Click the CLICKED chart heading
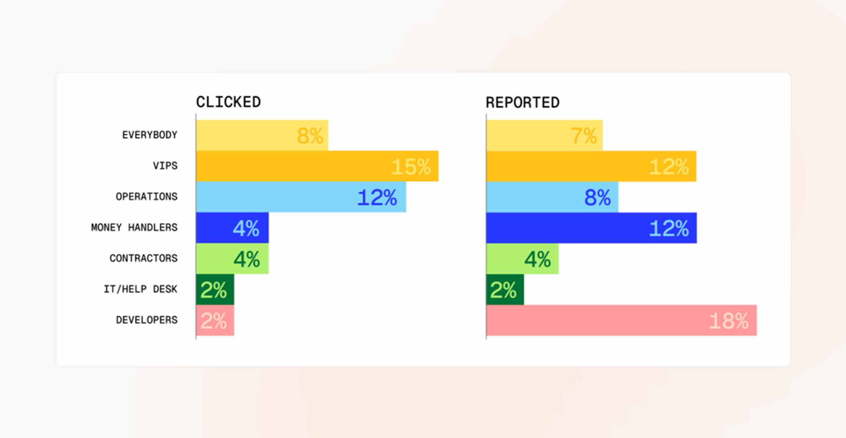228,102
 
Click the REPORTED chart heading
522,102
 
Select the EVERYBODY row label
150,135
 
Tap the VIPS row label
165,165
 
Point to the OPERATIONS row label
147,197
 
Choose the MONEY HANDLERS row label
134,227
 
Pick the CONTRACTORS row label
143,258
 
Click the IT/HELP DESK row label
140,289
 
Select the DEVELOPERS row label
147,320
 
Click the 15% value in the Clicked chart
411,166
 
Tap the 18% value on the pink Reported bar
729,321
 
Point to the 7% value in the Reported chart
584,136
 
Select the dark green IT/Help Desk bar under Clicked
215,289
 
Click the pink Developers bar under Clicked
215,320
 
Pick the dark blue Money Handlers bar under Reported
592,228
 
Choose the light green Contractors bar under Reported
522,258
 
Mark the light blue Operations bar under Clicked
301,197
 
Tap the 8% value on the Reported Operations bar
597,197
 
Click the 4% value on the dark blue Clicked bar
246,228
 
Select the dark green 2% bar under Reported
505,289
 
